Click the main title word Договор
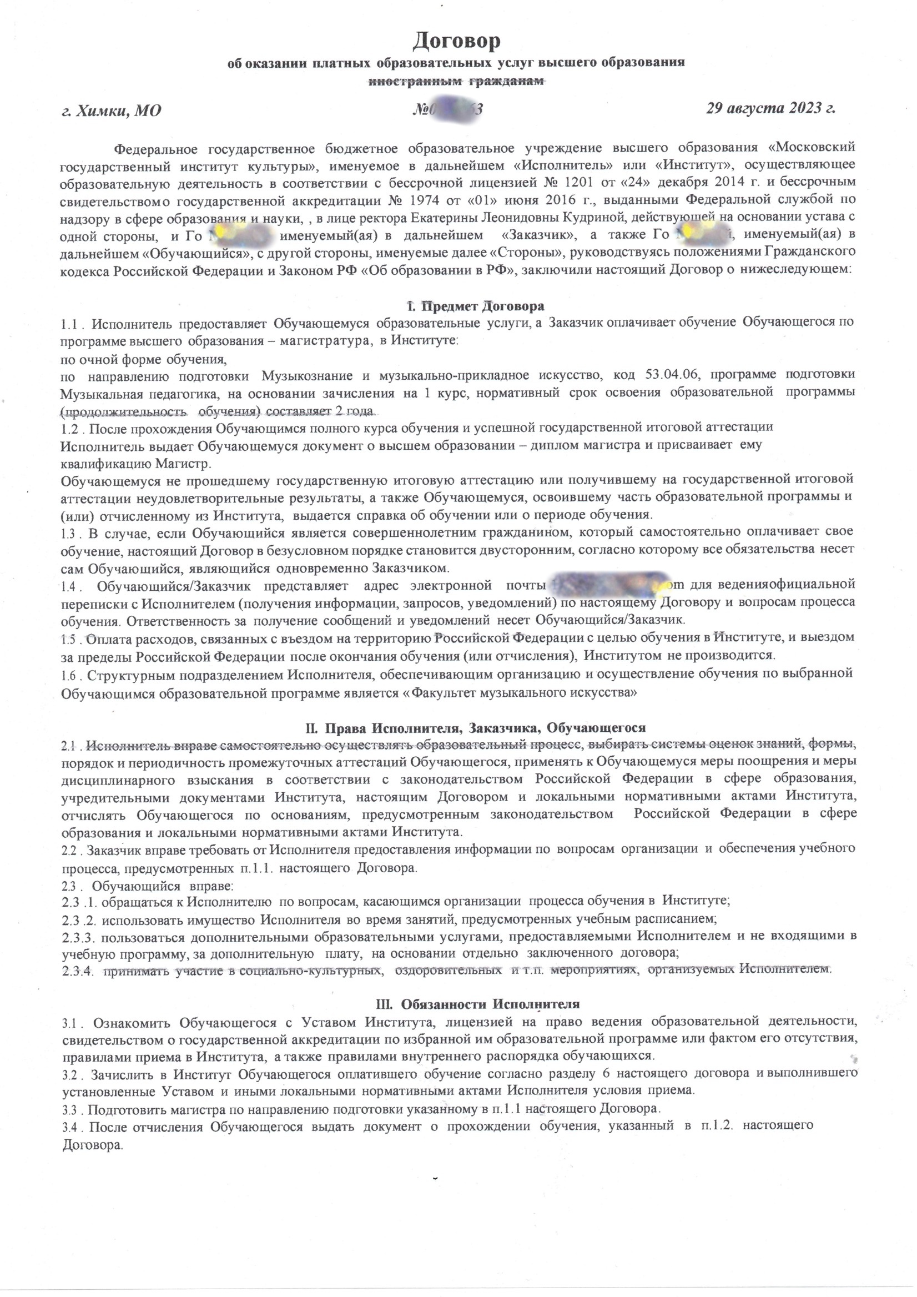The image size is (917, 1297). pyautogui.click(x=457, y=41)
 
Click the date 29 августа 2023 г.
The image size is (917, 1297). pyautogui.click(x=771, y=108)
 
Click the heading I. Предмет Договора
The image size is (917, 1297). pyautogui.click(x=476, y=306)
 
